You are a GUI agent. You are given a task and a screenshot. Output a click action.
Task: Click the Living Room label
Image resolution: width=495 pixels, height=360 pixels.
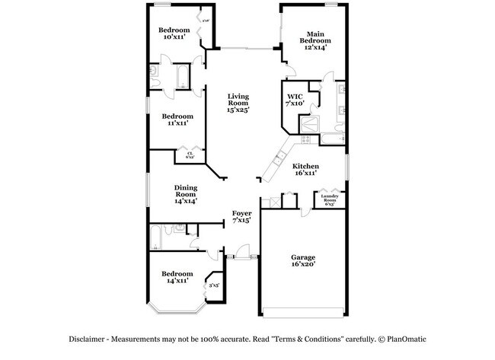(239, 103)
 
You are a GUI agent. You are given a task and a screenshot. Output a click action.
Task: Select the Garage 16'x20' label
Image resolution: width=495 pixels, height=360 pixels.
(302, 262)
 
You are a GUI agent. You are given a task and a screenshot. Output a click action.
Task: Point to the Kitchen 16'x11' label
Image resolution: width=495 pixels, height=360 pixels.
(306, 170)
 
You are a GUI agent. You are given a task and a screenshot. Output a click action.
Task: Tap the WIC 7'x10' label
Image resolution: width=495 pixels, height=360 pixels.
(295, 100)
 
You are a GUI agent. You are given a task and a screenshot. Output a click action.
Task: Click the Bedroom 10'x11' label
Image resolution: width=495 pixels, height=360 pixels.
(174, 33)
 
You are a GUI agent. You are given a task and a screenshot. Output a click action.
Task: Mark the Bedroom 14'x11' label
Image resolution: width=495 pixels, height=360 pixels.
(177, 277)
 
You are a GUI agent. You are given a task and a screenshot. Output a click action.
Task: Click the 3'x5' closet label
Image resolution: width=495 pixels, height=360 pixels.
(215, 285)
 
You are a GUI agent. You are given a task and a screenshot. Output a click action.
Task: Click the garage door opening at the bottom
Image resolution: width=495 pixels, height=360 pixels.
(303, 312)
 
